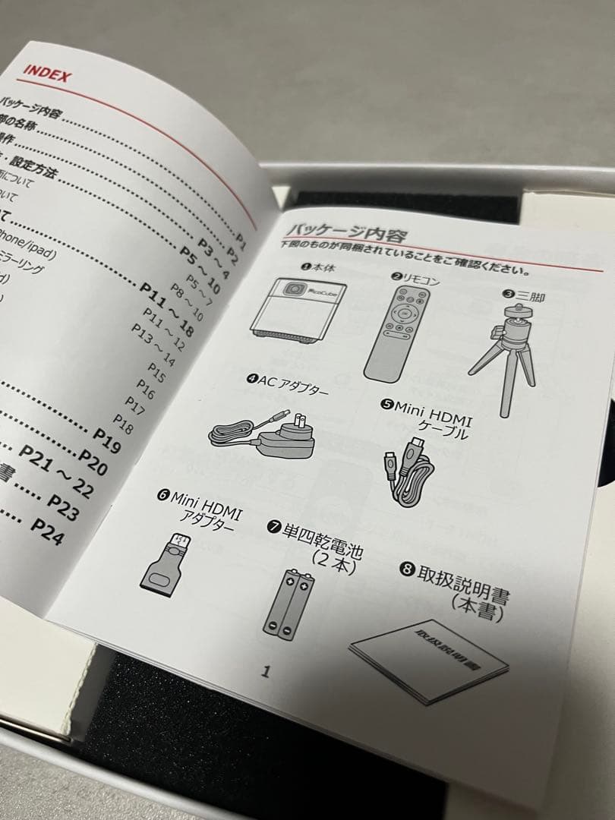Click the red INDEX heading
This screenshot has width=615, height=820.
point(47,74)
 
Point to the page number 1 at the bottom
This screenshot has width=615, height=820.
point(265,671)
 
